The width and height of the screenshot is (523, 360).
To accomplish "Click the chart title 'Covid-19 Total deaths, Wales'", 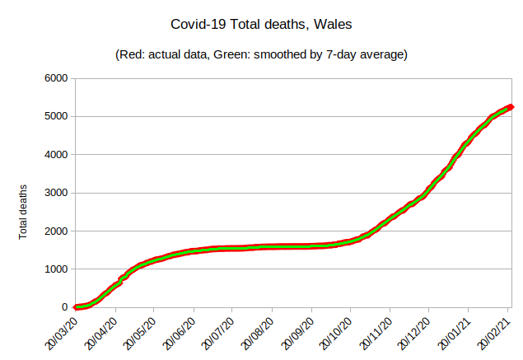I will pyautogui.click(x=260, y=25).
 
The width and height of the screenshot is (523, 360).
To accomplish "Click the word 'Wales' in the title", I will pyautogui.click(x=334, y=25).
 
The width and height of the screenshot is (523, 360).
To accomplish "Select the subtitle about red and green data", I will pyautogui.click(x=261, y=54).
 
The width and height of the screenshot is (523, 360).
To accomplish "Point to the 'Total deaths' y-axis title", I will pyautogui.click(x=24, y=212).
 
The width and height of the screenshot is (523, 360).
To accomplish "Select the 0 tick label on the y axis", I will pyautogui.click(x=66, y=307).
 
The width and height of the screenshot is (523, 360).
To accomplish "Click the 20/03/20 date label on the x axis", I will pyautogui.click(x=60, y=331).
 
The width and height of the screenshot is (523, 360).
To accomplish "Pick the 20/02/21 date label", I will pyautogui.click(x=493, y=331).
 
